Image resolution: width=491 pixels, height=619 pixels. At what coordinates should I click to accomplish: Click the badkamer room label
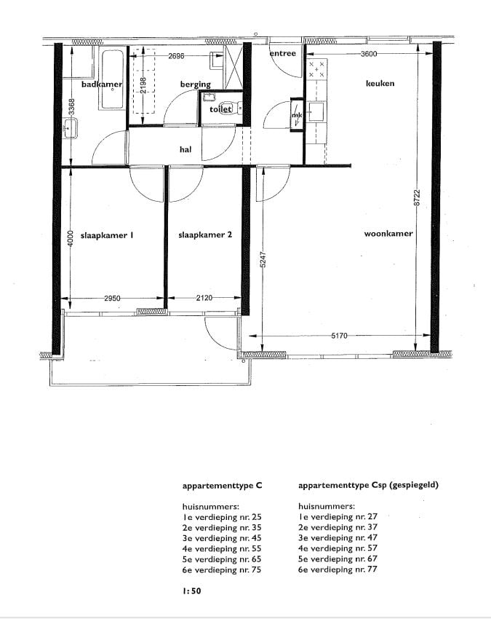pos(102,84)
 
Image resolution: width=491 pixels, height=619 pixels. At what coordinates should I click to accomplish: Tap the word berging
pos(196,84)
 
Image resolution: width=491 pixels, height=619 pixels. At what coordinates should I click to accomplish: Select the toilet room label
pos(220,109)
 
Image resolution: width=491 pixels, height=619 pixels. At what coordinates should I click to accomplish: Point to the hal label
pos(185,149)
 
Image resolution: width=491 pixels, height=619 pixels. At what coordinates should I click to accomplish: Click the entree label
pos(283,53)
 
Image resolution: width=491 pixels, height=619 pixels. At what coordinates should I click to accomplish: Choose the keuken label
pos(380,83)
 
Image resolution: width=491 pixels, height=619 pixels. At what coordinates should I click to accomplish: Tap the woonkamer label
pos(388,233)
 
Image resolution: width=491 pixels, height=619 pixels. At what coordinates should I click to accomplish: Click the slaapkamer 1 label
pos(107,235)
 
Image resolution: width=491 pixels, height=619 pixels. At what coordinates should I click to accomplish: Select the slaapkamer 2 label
pos(205,235)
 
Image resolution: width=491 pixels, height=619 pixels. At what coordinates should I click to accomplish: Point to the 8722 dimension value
pos(418,198)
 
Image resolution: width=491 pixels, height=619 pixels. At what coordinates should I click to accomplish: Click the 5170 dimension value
pos(339,336)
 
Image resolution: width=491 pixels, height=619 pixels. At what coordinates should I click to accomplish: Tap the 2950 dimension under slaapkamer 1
pos(113,298)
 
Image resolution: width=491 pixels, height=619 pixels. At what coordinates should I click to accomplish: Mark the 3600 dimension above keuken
pos(369,54)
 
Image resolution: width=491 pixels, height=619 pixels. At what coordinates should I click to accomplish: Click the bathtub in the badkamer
pos(113,79)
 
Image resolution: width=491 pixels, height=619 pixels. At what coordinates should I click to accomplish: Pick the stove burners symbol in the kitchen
pos(316,69)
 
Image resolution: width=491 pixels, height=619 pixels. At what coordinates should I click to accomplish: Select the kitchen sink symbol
pos(316,111)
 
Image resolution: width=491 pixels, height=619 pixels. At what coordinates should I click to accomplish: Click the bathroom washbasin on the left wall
pos(71,128)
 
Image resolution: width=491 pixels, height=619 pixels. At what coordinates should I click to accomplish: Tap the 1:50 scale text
pos(191,591)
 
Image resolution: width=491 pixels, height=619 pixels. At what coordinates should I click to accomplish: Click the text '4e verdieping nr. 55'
pos(222,549)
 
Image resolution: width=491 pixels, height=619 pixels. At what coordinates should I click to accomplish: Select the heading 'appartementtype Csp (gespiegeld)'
pos(368,485)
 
